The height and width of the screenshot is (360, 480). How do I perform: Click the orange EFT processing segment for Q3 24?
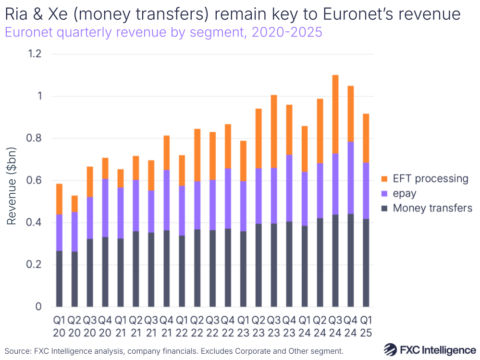tap(335, 114)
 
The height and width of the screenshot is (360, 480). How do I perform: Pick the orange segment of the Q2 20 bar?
tap(74, 204)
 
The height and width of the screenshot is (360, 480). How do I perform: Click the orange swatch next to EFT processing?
tap(384, 179)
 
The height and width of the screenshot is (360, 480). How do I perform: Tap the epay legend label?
tap(405, 194)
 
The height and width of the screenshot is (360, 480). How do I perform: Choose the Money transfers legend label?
tap(432, 208)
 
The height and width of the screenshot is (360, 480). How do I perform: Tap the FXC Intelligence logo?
tap(430, 349)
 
